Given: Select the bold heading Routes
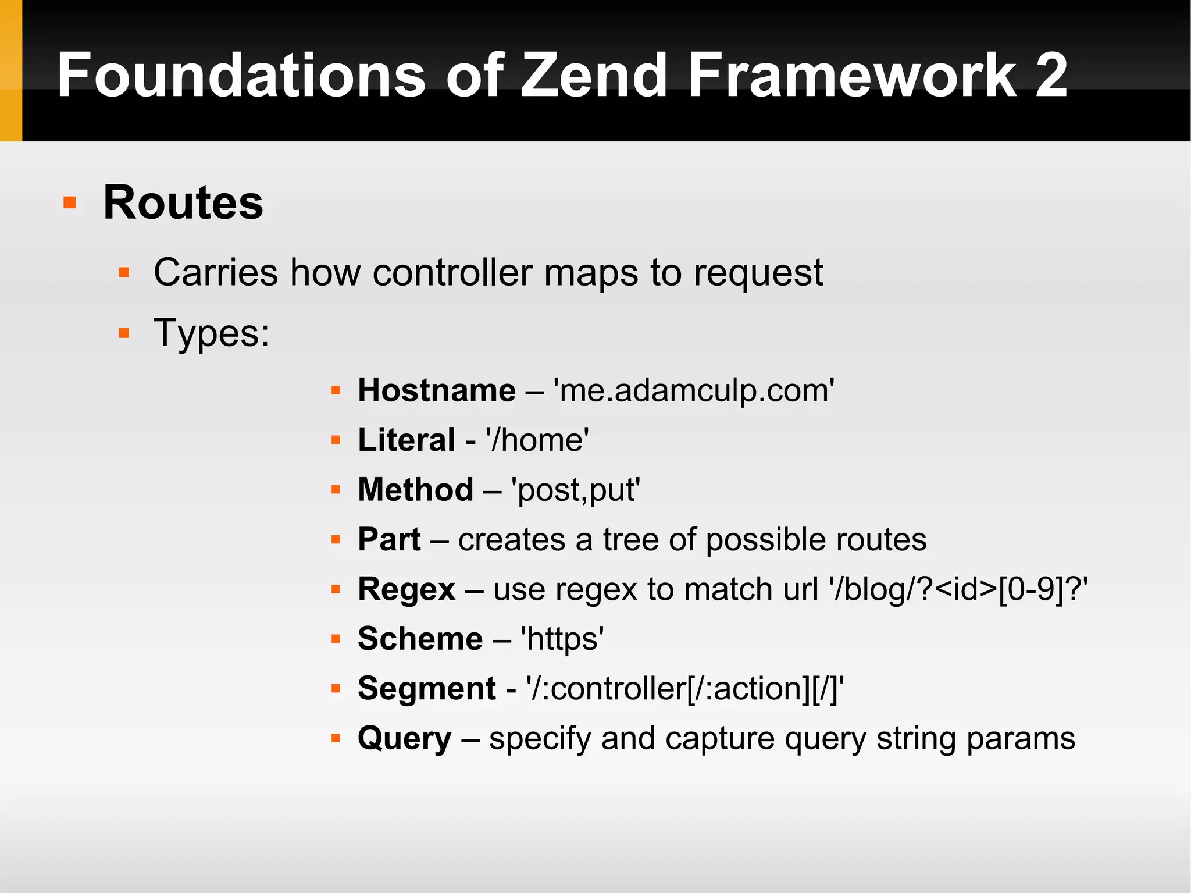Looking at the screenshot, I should [x=183, y=202].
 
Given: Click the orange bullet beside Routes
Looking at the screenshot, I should [x=70, y=202].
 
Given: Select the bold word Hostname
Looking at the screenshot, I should [x=436, y=390].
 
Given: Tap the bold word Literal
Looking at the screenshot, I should [x=406, y=440].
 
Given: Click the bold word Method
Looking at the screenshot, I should [x=415, y=489].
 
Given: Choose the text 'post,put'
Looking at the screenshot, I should [x=575, y=490].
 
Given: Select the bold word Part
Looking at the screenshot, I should [x=388, y=539].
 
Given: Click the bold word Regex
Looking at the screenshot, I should [x=406, y=589].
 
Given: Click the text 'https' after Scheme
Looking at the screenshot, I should [x=562, y=639].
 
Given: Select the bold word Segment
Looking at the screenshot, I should [x=426, y=689].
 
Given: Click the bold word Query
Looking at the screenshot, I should [x=404, y=739].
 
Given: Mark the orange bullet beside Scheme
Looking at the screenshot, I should [x=336, y=639].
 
